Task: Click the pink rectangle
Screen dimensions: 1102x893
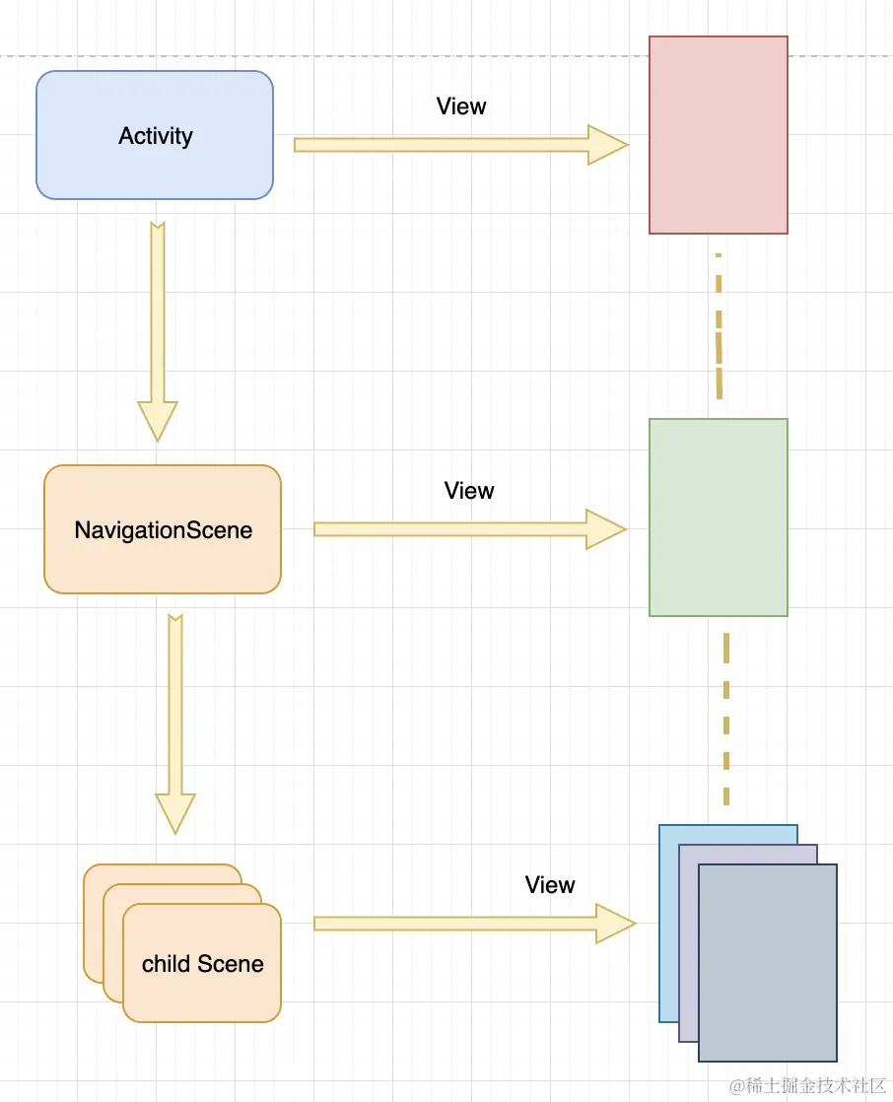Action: click(718, 135)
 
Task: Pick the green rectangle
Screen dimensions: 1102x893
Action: click(718, 517)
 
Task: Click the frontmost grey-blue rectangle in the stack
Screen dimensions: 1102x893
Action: click(767, 963)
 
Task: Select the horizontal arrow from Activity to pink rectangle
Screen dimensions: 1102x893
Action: click(460, 145)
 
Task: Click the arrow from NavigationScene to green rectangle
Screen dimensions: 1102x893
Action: click(469, 529)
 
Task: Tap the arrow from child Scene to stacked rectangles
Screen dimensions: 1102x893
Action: click(474, 924)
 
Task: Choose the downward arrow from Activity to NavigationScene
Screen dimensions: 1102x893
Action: click(158, 330)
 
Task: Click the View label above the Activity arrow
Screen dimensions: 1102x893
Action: click(461, 106)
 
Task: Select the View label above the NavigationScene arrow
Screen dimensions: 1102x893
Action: click(469, 491)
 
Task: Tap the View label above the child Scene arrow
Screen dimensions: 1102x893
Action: click(550, 885)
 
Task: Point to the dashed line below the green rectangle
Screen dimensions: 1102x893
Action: click(726, 720)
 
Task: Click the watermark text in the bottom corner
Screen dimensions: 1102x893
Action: click(808, 1084)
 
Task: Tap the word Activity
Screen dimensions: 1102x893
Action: click(155, 136)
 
